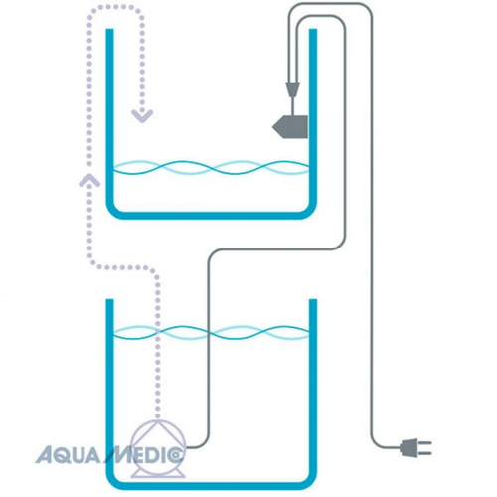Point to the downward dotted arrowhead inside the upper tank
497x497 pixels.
(143, 115)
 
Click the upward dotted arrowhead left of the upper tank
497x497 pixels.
(89, 179)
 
